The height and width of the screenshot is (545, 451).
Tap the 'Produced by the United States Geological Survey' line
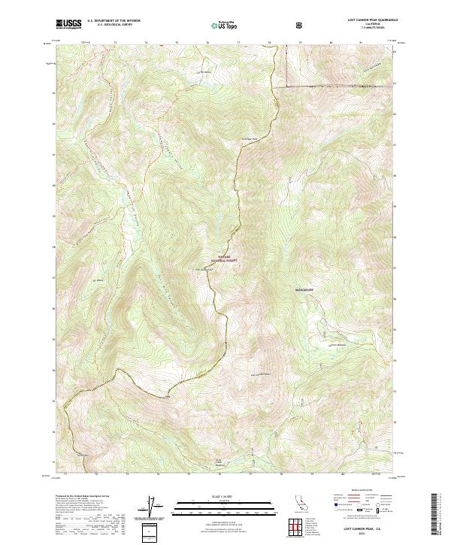pos(80,496)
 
